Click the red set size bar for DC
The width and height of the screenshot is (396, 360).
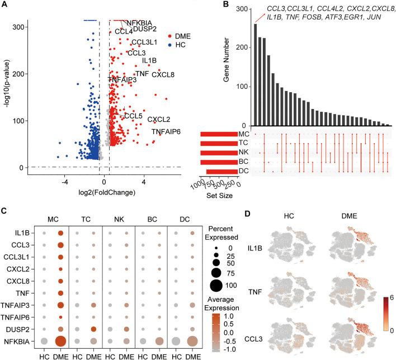pos(222,172)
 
